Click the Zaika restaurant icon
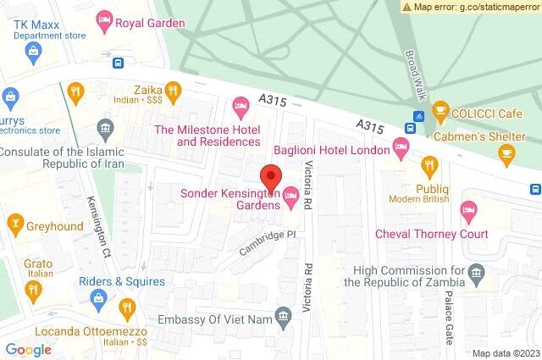click(173, 89)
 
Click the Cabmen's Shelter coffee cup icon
click(506, 152)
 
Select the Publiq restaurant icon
click(429, 165)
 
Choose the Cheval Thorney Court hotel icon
click(467, 209)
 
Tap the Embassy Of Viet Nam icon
click(285, 316)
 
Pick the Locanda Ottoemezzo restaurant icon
click(127, 306)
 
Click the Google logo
click(29, 349)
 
